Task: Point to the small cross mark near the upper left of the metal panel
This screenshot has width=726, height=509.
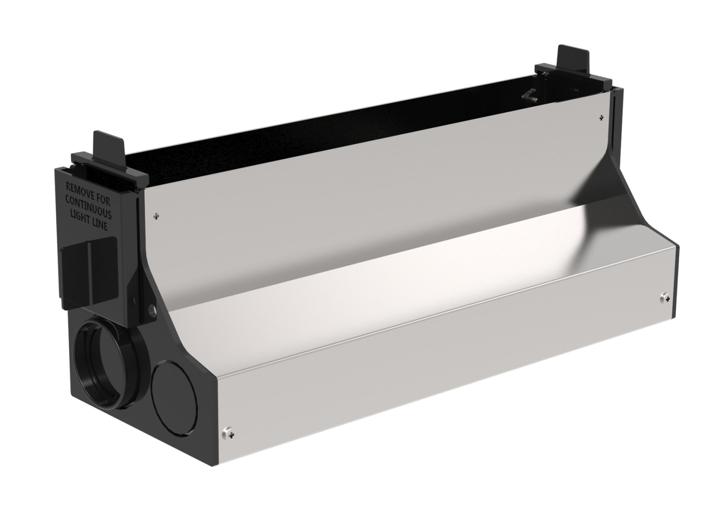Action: click(157, 216)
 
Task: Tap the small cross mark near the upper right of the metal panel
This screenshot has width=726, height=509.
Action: click(601, 118)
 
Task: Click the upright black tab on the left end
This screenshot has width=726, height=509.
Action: click(108, 146)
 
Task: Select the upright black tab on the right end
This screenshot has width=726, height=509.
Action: click(574, 58)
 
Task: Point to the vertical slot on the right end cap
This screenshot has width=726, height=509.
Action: click(613, 127)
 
